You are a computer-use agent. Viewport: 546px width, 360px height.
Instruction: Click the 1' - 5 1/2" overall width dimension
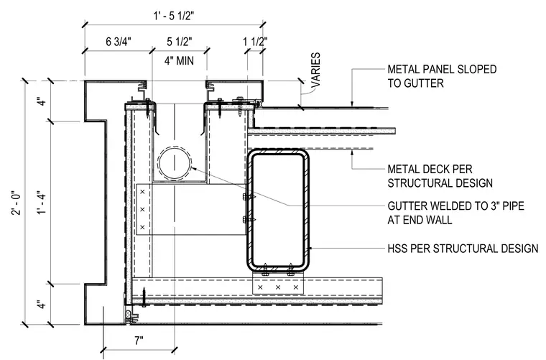[x=173, y=16]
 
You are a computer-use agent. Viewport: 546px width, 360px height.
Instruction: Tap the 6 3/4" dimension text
[x=119, y=42]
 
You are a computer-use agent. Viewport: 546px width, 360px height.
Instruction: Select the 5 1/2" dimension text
[x=180, y=42]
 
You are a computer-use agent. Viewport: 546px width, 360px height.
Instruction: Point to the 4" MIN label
[x=180, y=60]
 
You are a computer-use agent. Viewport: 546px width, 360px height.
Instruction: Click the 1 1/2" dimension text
[x=255, y=42]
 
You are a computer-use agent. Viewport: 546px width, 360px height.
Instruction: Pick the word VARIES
[x=315, y=70]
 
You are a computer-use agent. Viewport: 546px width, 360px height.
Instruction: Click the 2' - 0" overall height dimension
[x=17, y=203]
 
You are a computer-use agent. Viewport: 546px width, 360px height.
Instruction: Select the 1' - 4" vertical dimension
[x=42, y=203]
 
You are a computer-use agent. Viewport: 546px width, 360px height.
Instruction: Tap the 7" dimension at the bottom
[x=139, y=341]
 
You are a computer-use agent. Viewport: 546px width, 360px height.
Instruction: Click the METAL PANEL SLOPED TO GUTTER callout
[x=442, y=76]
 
